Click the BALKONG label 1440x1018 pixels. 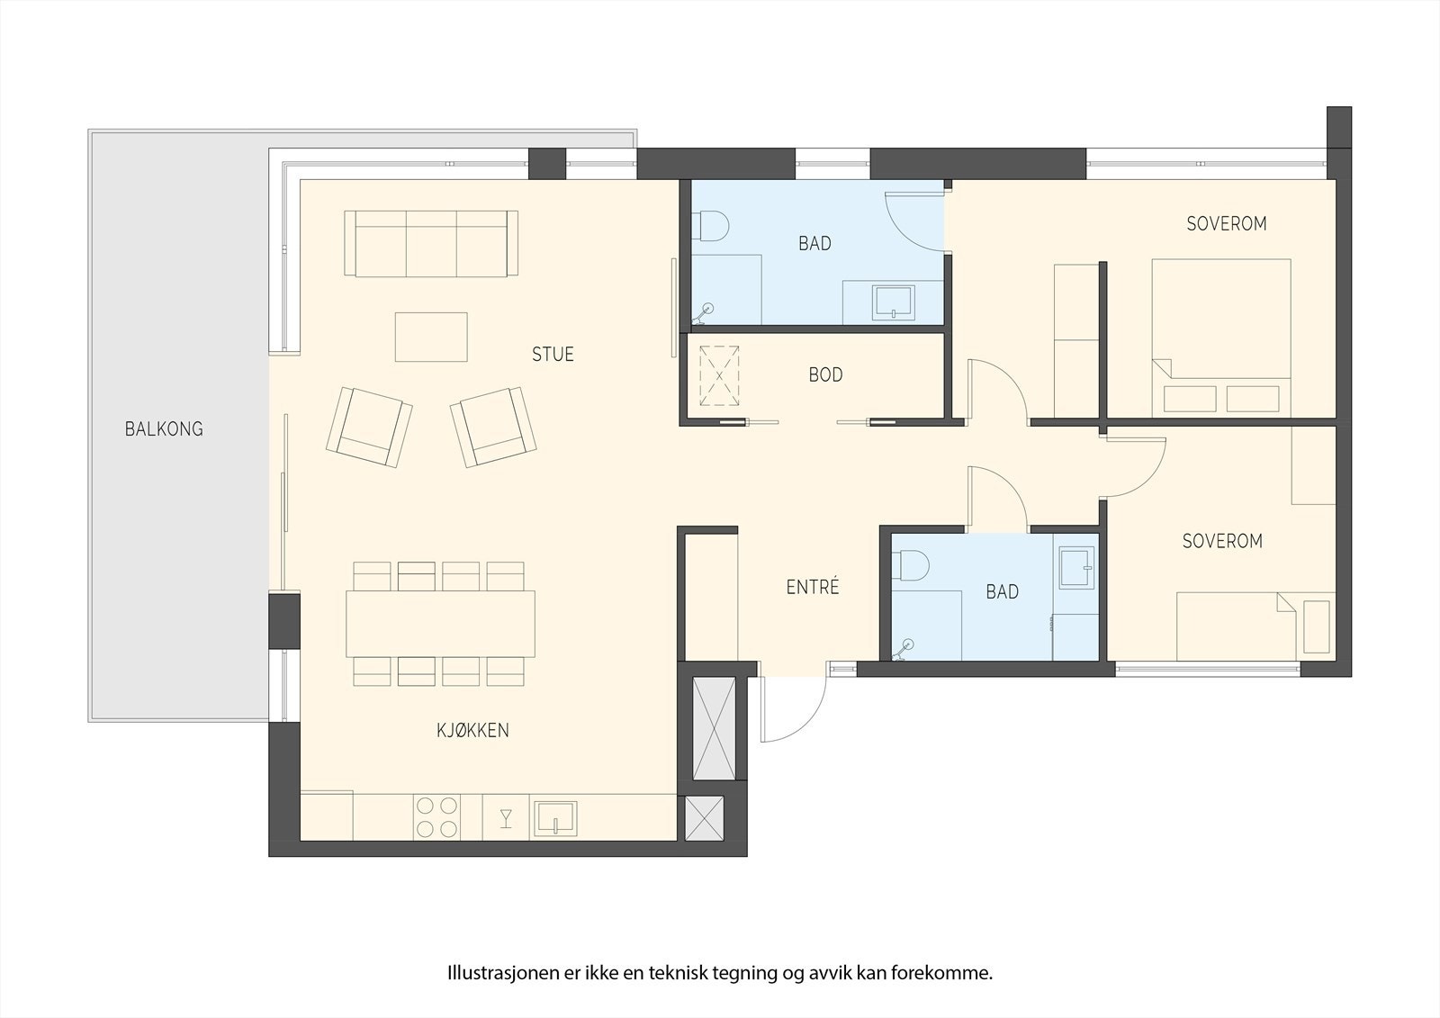click(164, 429)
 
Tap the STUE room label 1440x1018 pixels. click(553, 355)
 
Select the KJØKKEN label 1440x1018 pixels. click(472, 730)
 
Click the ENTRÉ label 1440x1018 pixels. click(813, 588)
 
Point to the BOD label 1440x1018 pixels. click(825, 375)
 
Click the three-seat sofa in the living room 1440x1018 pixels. click(432, 244)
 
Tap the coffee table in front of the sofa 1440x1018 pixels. click(431, 337)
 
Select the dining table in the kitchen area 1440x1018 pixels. click(440, 624)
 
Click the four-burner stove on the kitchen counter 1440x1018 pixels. click(436, 817)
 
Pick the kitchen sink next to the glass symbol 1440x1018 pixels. click(554, 817)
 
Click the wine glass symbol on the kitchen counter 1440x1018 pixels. click(506, 817)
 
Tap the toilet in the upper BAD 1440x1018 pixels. click(712, 225)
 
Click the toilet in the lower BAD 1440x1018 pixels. click(913, 565)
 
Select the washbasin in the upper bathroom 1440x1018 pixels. click(893, 302)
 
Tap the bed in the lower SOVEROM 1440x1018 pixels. click(1236, 626)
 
